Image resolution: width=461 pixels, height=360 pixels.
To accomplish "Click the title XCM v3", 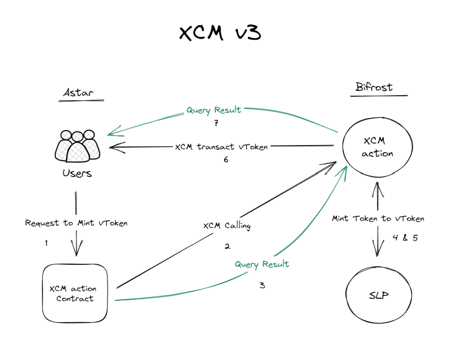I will click(220, 34).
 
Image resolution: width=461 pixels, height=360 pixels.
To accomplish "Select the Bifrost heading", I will click(374, 87).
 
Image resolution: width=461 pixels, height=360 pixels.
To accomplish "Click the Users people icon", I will click(77, 146).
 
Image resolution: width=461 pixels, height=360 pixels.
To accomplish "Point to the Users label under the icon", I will click(77, 174).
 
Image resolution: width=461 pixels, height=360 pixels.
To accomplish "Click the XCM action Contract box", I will click(75, 294).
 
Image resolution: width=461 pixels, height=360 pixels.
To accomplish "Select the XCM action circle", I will click(377, 147).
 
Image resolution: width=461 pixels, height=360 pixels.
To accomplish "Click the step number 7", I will click(216, 124).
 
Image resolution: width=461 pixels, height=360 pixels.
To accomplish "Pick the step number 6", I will click(226, 160).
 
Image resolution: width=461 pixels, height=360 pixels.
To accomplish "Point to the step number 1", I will click(46, 243).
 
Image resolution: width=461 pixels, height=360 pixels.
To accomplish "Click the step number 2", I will click(228, 246).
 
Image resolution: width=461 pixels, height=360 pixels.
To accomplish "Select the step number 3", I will click(262, 285).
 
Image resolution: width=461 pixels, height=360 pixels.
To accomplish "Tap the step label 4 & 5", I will click(405, 238).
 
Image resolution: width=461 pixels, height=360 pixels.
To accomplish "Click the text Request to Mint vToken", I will click(76, 223).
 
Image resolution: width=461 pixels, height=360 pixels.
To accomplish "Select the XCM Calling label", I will click(227, 226).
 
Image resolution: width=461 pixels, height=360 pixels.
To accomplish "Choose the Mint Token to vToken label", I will click(378, 218).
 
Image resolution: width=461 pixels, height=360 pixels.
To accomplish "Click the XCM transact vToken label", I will click(222, 147).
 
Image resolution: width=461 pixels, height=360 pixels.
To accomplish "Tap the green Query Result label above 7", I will click(213, 110).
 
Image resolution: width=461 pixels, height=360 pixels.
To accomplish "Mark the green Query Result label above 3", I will click(262, 264).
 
